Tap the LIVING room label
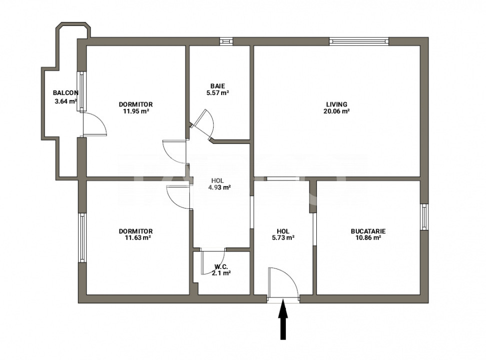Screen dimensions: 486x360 (x=337, y=104)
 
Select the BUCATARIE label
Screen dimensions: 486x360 (x=368, y=231)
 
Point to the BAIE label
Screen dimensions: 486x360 (x=218, y=86)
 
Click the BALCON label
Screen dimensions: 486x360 (x=66, y=92)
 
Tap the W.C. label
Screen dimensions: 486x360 (x=221, y=266)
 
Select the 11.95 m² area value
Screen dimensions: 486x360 (x=136, y=111)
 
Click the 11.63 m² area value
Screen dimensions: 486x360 (x=136, y=237)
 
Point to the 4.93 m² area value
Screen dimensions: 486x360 (x=219, y=187)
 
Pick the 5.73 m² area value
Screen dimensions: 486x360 (x=283, y=237)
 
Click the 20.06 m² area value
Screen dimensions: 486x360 (x=337, y=111)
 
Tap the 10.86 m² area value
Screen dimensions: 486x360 (x=368, y=237)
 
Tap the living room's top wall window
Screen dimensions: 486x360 (x=358, y=41)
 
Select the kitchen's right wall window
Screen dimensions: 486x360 (x=424, y=216)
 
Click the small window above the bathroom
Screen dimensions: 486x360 (x=226, y=41)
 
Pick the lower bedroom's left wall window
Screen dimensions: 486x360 (x=82, y=237)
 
